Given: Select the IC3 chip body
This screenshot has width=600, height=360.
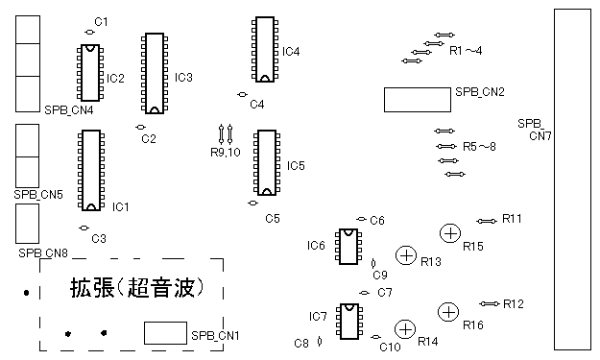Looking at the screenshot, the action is point(155,74).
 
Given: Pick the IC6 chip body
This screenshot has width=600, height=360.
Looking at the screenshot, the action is point(348,247).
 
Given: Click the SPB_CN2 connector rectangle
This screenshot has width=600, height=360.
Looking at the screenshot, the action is point(418,100).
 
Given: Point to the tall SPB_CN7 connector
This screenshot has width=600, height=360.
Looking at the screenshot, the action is point(572,180).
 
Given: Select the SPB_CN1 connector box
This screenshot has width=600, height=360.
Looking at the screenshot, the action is point(165,333).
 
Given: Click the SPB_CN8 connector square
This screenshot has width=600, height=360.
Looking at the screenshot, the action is point(27,224).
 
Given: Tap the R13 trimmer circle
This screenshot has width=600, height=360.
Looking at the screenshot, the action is point(406,255).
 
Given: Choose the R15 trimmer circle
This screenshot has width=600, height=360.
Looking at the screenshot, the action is point(450,233).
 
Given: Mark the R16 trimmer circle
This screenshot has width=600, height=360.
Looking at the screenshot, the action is point(448,312).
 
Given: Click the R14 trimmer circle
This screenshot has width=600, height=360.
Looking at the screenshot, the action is point(405,329).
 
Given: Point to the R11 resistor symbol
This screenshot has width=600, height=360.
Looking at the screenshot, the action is point(487,221).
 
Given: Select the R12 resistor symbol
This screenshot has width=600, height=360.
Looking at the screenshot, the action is point(490,303).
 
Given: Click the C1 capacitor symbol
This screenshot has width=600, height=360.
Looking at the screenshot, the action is point(89,32).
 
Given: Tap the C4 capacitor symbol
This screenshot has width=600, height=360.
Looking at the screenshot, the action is point(242,94).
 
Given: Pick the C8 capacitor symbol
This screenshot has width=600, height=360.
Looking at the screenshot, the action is point(320,341).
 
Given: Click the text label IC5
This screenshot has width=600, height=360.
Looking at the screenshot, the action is point(296,166).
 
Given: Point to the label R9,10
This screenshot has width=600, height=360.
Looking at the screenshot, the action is point(226,153).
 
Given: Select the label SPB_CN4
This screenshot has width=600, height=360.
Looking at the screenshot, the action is point(69,110).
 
